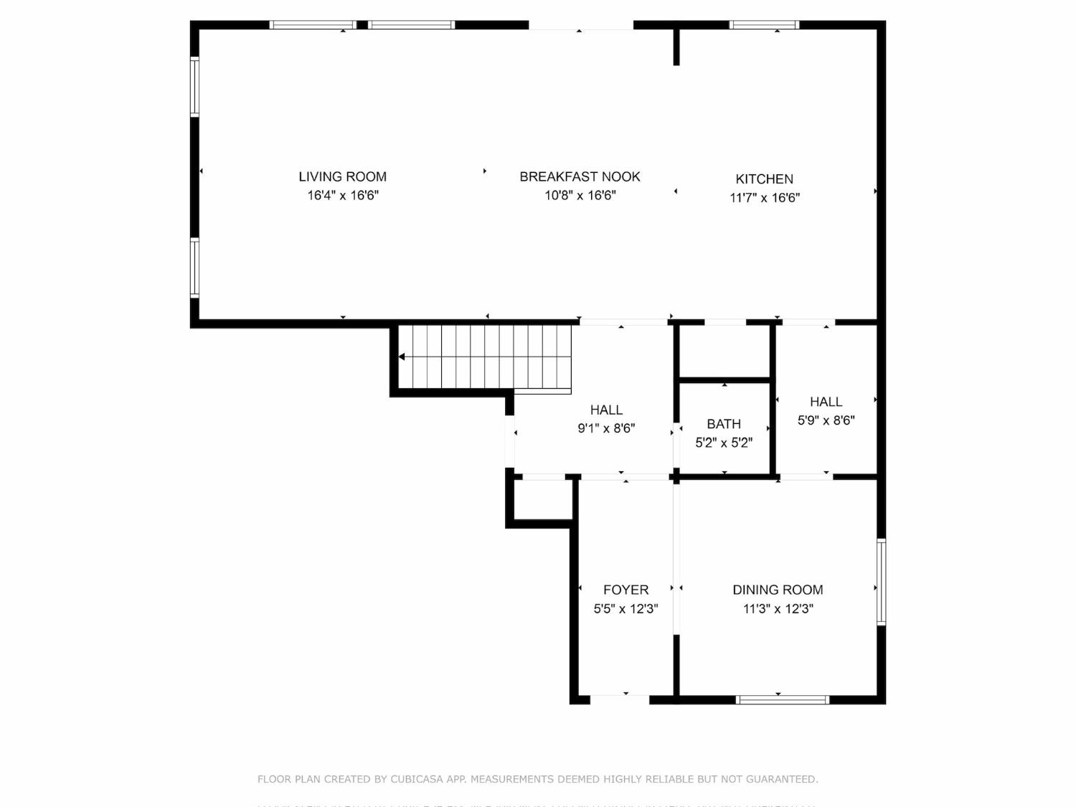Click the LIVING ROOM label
point(342,176)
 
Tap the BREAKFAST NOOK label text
point(580,176)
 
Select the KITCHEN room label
point(764,179)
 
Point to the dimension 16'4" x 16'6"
point(343,195)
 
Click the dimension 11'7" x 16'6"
point(765,198)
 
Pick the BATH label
point(723,424)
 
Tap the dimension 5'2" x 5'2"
point(723,443)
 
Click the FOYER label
point(626,590)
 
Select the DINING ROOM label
point(778,590)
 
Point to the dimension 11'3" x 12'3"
point(778,609)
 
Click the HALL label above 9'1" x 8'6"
point(606,410)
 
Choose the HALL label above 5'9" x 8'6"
point(826,402)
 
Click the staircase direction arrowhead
point(402,357)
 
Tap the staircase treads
point(488,357)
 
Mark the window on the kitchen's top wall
point(764,25)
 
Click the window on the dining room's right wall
point(881,582)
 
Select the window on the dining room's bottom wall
point(783,699)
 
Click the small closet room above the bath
point(725,351)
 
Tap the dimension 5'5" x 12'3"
point(626,609)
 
